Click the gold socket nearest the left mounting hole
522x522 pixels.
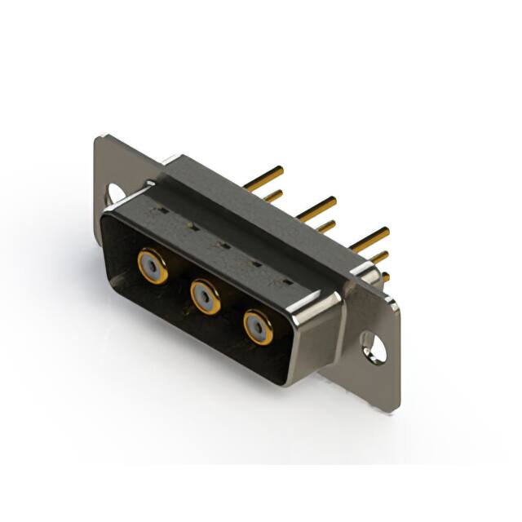(x=153, y=265)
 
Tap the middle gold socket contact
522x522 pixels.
(x=205, y=296)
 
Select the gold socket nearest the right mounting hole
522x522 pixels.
(x=258, y=327)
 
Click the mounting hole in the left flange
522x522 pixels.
(x=115, y=192)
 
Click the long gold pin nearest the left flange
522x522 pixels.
(x=266, y=179)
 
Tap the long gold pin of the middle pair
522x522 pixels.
(x=318, y=206)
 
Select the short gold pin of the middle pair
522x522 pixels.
(x=325, y=226)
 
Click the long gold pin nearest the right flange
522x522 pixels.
(x=371, y=238)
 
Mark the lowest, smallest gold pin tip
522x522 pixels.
(x=385, y=277)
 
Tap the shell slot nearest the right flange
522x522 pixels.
(x=285, y=281)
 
